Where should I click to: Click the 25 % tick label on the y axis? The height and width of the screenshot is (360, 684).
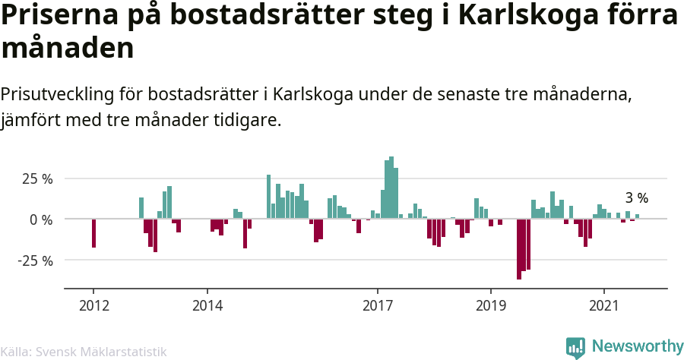click(36, 179)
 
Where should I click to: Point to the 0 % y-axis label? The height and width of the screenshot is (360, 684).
click(40, 219)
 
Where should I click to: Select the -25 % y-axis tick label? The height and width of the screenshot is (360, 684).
click(35, 261)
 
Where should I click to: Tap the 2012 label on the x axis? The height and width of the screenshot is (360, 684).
click(93, 306)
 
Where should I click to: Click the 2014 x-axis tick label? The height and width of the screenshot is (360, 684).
click(207, 306)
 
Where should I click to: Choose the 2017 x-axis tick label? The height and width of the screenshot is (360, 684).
click(377, 306)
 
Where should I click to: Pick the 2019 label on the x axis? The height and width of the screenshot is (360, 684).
click(490, 306)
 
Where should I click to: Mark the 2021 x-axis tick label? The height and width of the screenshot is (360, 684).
click(604, 306)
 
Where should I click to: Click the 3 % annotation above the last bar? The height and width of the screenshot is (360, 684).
click(637, 198)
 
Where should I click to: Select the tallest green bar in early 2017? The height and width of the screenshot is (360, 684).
click(391, 188)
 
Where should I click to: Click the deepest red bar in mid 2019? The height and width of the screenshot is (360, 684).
click(519, 249)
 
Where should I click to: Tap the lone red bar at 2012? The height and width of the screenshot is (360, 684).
click(93, 232)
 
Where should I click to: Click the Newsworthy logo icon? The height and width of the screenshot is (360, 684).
click(575, 347)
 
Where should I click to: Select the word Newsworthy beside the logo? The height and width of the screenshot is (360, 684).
click(637, 346)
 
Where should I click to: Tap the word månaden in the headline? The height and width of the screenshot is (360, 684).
click(68, 49)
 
